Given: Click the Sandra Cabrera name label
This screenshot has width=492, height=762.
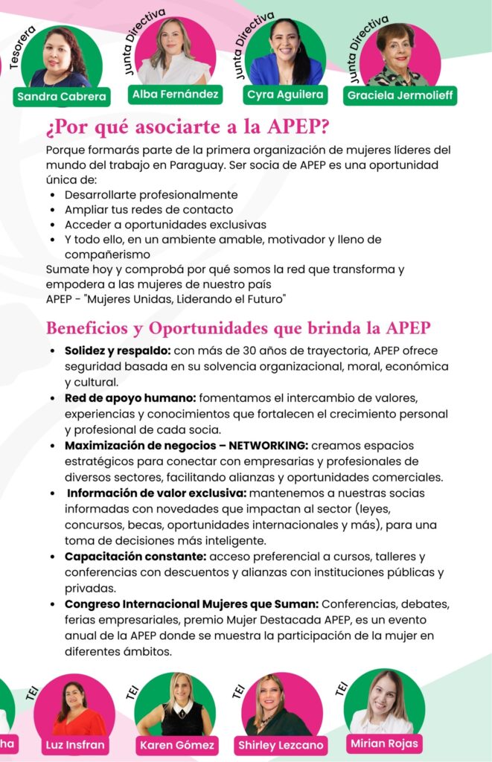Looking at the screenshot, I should pyautogui.click(x=62, y=97).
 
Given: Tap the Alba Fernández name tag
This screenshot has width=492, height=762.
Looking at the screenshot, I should pyautogui.click(x=174, y=95).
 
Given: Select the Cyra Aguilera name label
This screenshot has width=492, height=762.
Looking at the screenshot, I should pyautogui.click(x=284, y=95).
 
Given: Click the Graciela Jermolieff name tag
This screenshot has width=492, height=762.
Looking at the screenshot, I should pyautogui.click(x=400, y=95).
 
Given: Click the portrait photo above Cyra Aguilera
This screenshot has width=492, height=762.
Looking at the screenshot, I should pyautogui.click(x=284, y=54).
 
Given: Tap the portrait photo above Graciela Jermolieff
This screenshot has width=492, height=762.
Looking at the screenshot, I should pyautogui.click(x=400, y=56).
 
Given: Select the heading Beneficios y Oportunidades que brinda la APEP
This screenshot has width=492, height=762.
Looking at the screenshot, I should pyautogui.click(x=238, y=327).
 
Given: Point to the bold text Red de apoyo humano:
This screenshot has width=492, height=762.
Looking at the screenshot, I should pyautogui.click(x=130, y=398).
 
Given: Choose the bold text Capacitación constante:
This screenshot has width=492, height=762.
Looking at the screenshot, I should pyautogui.click(x=135, y=556).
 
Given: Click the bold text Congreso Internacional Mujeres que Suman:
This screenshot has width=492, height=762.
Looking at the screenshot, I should pyautogui.click(x=191, y=603).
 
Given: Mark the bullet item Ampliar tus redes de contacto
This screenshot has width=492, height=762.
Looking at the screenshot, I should pyautogui.click(x=149, y=209).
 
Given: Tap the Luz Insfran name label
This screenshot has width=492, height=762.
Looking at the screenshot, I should pyautogui.click(x=74, y=744).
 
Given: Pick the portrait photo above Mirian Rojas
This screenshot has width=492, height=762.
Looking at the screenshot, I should pyautogui.click(x=384, y=702).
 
